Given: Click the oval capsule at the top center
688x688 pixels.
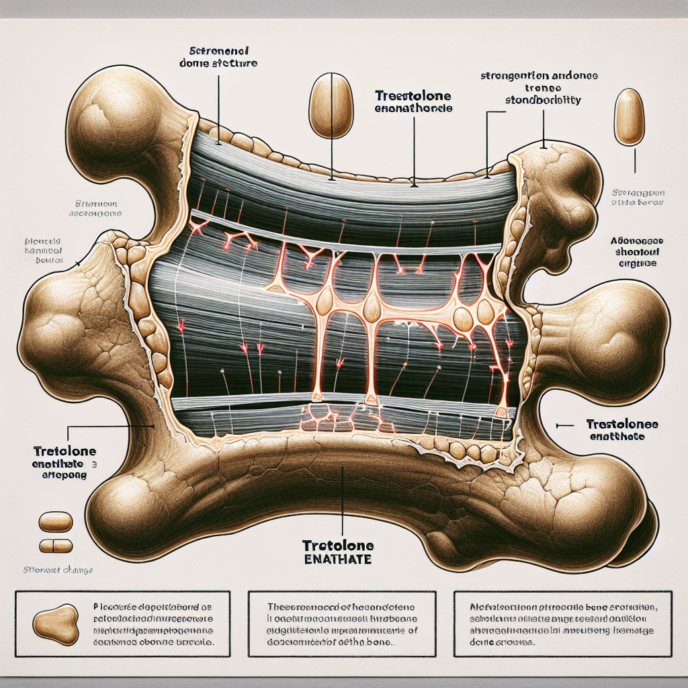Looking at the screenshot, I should [x=331, y=106].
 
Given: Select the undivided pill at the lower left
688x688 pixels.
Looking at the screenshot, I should [x=56, y=521].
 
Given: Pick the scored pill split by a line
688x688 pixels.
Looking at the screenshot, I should [x=56, y=545].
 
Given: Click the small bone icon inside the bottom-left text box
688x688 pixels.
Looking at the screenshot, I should [x=54, y=623].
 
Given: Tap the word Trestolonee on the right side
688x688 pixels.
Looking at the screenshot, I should [x=621, y=425].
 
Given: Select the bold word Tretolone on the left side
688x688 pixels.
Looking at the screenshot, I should [x=63, y=451].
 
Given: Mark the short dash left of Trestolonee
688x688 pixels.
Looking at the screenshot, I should [x=566, y=425].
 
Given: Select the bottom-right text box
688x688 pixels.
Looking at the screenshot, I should [x=564, y=623].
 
